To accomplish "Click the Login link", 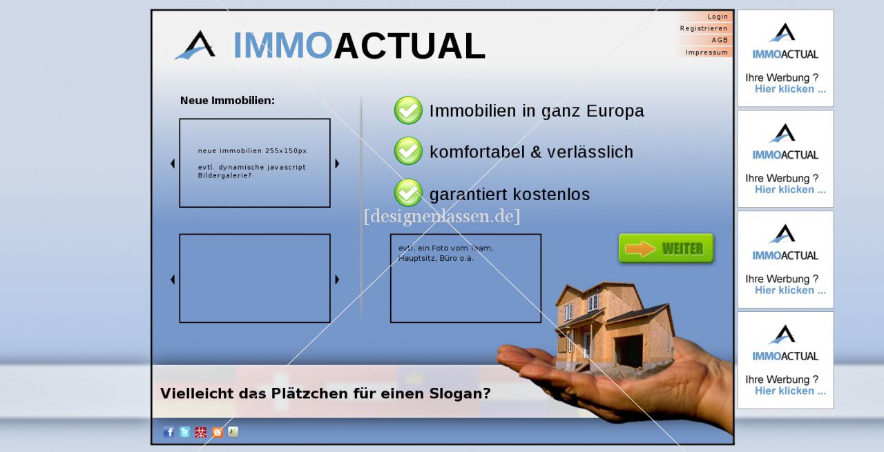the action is click(x=718, y=17).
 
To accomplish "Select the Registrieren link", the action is click(x=704, y=28).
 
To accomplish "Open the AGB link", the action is click(x=720, y=40).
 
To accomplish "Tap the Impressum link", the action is click(x=707, y=52).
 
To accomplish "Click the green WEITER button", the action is click(x=666, y=248).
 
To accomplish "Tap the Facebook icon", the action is click(x=169, y=432).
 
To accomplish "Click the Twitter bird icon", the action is click(x=184, y=432).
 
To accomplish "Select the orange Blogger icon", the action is click(x=217, y=432).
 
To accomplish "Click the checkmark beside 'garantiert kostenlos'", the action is click(x=408, y=193).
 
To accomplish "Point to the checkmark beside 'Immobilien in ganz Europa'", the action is click(x=408, y=110).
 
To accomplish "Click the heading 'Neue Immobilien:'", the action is click(x=227, y=101).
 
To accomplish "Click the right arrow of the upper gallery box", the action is click(x=337, y=164).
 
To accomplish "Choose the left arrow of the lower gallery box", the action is click(x=173, y=279).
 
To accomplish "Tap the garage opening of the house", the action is click(x=628, y=351).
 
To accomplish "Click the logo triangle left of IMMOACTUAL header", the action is click(x=195, y=45).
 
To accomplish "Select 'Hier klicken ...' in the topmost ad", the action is click(x=790, y=89).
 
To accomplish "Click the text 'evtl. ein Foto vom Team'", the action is click(x=445, y=248).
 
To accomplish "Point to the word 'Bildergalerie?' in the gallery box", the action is click(x=224, y=175).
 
